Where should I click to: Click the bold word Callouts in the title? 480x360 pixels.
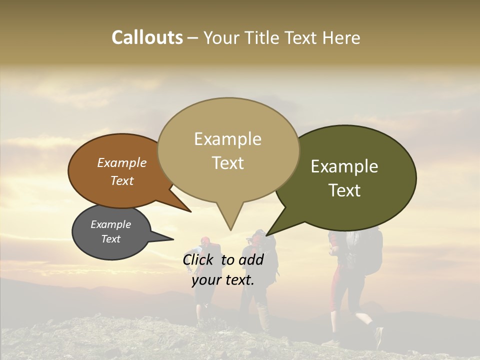(147, 37)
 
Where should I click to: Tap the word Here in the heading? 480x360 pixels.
(341, 37)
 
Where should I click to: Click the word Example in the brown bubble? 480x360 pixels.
(122, 163)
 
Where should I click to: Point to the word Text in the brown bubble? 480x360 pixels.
(122, 180)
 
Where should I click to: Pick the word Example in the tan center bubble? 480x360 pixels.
(227, 139)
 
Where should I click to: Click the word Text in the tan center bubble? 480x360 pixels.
(227, 163)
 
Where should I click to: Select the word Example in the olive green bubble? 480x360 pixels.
(344, 166)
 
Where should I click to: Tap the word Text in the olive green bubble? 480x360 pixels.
(344, 190)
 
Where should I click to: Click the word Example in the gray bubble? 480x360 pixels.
(110, 224)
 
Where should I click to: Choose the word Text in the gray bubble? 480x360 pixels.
(110, 239)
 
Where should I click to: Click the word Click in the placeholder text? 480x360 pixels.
(199, 259)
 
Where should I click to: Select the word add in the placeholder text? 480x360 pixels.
(251, 259)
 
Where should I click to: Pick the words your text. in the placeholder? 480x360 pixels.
(222, 280)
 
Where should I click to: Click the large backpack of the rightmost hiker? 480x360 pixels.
(367, 250)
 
